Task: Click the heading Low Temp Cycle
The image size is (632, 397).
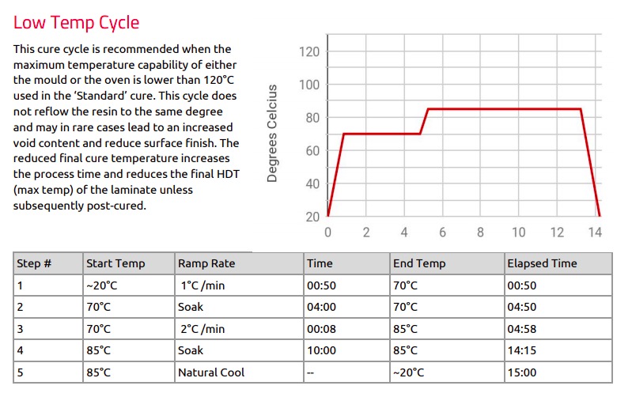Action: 76,22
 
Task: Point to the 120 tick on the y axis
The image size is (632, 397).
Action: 308,52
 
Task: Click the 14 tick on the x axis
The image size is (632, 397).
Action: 596,233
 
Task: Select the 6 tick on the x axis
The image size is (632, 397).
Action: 442,233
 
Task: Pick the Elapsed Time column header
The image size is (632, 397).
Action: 543,263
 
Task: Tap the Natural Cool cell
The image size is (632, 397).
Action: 211,372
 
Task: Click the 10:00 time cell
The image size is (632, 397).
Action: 323,350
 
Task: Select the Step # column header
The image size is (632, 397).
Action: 34,263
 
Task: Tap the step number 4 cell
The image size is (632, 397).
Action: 20,350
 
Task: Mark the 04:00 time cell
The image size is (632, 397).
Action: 323,307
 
